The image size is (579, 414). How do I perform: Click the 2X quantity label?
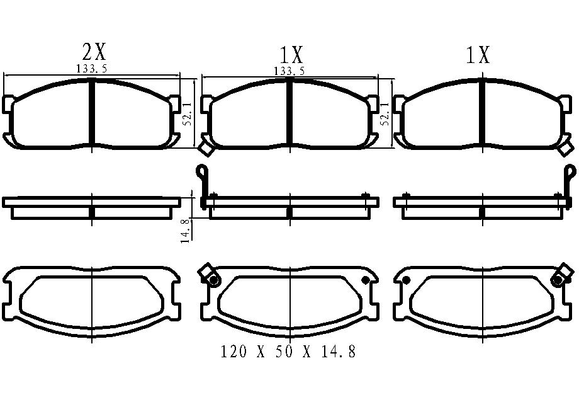[94, 52]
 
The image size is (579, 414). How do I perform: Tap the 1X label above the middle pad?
[291, 55]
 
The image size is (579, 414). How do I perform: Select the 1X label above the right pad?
[478, 55]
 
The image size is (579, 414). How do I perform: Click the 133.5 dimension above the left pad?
[92, 69]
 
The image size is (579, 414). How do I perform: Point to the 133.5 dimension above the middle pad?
[289, 71]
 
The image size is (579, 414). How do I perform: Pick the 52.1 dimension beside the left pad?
[188, 113]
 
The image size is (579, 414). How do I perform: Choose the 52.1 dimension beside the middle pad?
[385, 113]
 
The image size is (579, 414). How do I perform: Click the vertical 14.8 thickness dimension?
[186, 231]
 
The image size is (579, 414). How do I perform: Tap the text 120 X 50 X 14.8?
[288, 352]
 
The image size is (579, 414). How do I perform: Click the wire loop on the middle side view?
[203, 171]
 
